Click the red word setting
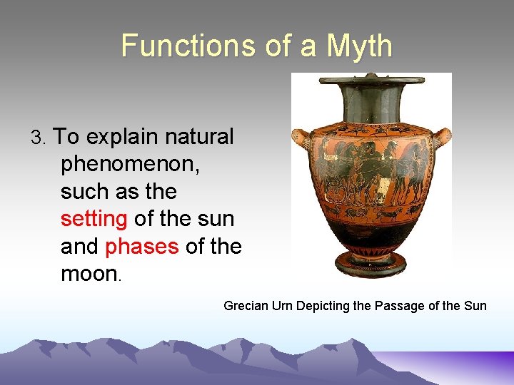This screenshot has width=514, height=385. (94, 219)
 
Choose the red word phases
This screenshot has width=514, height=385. (141, 246)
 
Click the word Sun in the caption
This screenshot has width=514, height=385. (475, 306)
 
